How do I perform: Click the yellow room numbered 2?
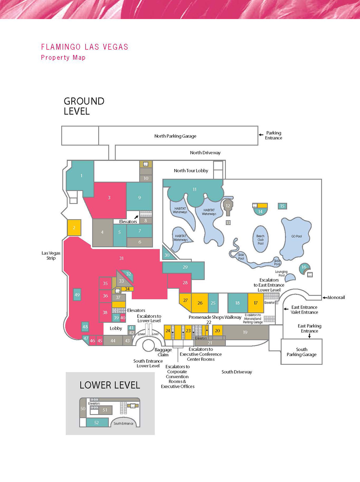[74, 228]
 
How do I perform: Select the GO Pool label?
[296, 236]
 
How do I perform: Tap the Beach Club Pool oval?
[260, 240]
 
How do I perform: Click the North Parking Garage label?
[175, 136]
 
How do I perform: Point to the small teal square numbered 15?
[282, 206]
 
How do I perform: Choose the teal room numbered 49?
[77, 295]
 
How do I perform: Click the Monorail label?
[336, 298]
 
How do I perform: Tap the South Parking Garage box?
[301, 352]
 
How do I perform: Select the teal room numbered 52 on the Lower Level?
[97, 423]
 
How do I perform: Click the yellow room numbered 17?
[256, 303]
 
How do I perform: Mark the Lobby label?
[116, 328]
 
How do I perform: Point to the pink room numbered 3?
[109, 198]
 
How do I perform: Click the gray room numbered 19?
[245, 332]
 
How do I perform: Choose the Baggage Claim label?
[163, 352]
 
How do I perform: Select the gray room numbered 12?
[228, 206]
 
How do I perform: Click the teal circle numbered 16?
[304, 267]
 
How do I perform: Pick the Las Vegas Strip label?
[51, 256]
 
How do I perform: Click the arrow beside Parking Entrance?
[261, 135]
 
